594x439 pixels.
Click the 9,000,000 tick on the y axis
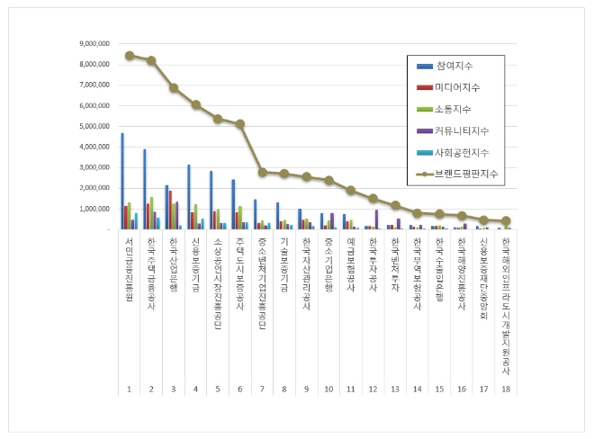[95, 43]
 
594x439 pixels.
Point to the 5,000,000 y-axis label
[95, 126]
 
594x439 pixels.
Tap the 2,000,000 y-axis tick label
[95, 188]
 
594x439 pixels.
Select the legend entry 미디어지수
[457, 87]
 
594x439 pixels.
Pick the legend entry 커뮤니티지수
[461, 130]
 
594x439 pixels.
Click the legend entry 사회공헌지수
[461, 151]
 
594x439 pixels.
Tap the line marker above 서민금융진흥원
[130, 56]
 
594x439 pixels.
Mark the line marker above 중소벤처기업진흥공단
[261, 172]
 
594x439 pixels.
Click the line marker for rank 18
[506, 220]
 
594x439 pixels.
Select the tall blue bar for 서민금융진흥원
[122, 181]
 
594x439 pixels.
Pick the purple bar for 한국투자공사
[376, 219]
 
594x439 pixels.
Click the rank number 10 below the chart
[328, 390]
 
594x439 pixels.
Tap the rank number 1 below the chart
[130, 390]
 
